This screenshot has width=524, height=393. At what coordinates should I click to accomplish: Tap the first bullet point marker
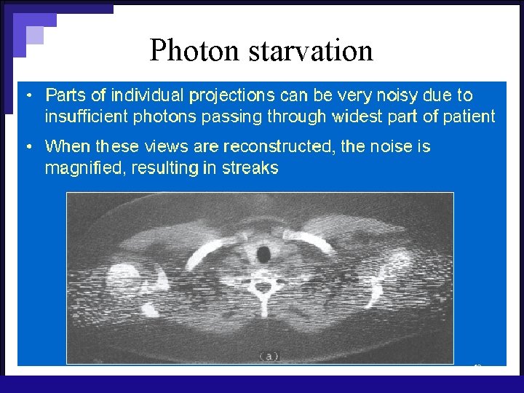point(28,95)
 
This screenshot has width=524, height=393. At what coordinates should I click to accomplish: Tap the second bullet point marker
point(28,147)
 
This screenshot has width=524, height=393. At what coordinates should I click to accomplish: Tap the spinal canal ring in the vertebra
point(260,288)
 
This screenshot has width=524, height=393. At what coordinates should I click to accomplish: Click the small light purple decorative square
point(34,35)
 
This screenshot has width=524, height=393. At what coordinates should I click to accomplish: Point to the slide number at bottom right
point(477,365)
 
